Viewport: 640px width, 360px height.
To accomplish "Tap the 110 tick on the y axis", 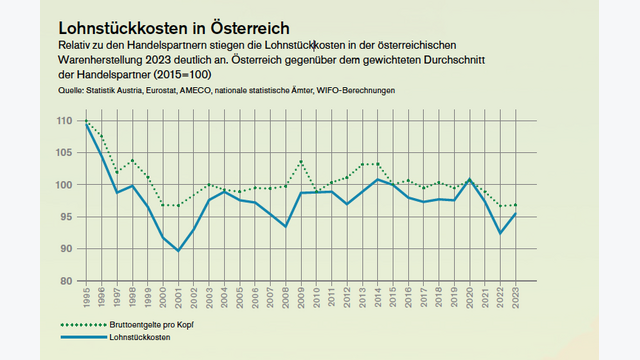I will coord(64,121).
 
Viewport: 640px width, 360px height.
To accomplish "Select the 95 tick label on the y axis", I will coord(67,217).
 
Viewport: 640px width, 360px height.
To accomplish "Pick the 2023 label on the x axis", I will coord(516,297).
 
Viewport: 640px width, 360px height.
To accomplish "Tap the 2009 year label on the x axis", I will coord(301,297).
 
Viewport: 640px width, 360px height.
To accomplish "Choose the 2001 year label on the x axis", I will coord(178,297).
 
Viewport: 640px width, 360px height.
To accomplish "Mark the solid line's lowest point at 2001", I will coord(178,250).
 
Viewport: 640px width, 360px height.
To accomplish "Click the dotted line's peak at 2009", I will coord(301,161).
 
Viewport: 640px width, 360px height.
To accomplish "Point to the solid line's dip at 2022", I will coord(500,233).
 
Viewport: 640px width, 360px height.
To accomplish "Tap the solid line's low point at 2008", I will coord(286,226).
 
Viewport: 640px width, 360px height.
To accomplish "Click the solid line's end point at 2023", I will coord(516,213).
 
